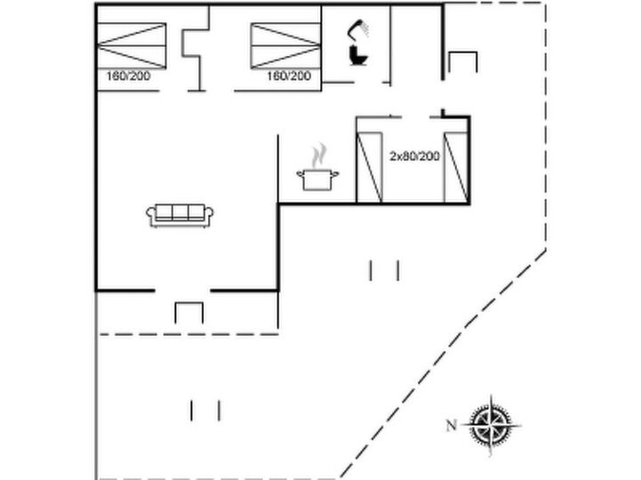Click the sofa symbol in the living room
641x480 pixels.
pyautogui.click(x=180, y=215)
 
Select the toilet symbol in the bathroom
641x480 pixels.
pyautogui.click(x=358, y=55)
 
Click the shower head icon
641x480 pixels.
pyautogui.click(x=358, y=28)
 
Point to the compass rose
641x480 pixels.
pyautogui.click(x=491, y=425)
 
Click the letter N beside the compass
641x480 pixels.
pyautogui.click(x=451, y=426)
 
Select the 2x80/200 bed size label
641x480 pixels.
pyautogui.click(x=414, y=156)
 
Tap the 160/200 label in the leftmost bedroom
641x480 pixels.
pyautogui.click(x=128, y=76)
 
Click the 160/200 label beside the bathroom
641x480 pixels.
pyautogui.click(x=289, y=76)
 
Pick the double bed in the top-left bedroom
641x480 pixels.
pyautogui.click(x=132, y=46)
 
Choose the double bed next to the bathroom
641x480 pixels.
pyautogui.click(x=285, y=46)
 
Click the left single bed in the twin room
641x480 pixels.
pyautogui.click(x=370, y=167)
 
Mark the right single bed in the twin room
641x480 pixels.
pyautogui.click(x=456, y=167)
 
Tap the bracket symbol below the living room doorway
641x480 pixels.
pyautogui.click(x=188, y=303)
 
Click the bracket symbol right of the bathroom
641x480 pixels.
pyautogui.click(x=463, y=52)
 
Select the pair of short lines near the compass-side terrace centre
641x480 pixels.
pyautogui.click(x=384, y=270)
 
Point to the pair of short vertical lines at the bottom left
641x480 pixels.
pyautogui.click(x=205, y=411)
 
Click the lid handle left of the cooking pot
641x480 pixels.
pyautogui.click(x=300, y=174)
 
